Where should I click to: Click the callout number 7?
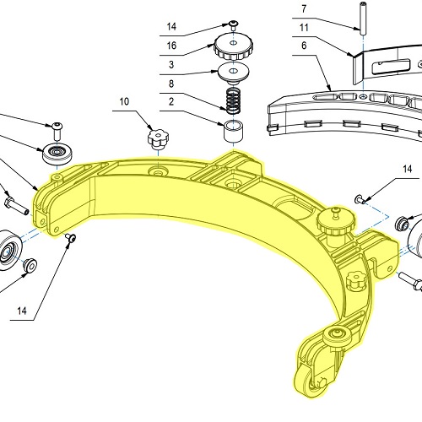pyautogui.click(x=304, y=9)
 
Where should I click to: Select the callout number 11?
pyautogui.click(x=304, y=28)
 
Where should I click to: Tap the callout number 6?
pyautogui.click(x=304, y=46)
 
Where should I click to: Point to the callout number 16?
pyautogui.click(x=171, y=46)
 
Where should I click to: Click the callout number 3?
pyautogui.click(x=171, y=64)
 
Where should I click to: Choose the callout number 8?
pyautogui.click(x=171, y=84)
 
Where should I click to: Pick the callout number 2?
pyautogui.click(x=171, y=101)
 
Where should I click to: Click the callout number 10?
pyautogui.click(x=124, y=101)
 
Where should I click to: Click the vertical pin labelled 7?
pyautogui.click(x=363, y=17)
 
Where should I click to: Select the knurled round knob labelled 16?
pyautogui.click(x=234, y=47)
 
